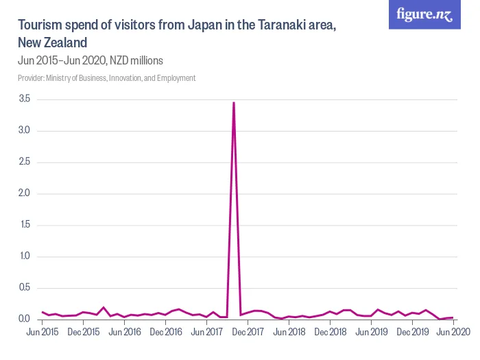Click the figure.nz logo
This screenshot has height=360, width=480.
(x=424, y=15)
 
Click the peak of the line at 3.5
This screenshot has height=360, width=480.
(x=234, y=103)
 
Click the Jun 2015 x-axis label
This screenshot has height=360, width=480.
(x=43, y=333)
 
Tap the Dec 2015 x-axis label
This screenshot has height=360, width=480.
(x=83, y=333)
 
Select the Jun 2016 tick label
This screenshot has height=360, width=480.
(x=124, y=333)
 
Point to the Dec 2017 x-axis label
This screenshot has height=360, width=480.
(x=248, y=333)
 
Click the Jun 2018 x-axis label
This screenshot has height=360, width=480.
(x=289, y=333)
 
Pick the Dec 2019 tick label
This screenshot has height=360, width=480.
(x=412, y=333)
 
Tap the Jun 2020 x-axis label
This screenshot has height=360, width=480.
(x=453, y=333)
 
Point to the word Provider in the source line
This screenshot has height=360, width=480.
(x=31, y=78)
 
